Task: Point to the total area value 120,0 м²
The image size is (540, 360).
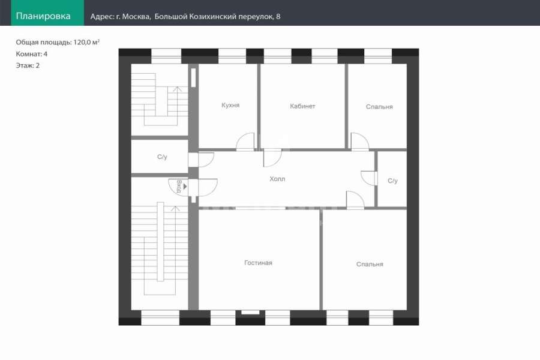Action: (86, 42)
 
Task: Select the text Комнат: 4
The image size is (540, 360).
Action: (32, 54)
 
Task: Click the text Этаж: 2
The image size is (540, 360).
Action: (28, 65)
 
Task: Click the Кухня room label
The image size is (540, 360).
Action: (230, 105)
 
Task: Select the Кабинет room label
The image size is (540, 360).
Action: (302, 106)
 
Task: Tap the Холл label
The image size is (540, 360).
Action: (277, 179)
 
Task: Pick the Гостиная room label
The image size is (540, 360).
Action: (258, 263)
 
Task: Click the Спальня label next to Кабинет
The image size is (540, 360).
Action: (379, 107)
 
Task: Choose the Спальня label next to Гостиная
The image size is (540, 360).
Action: (370, 264)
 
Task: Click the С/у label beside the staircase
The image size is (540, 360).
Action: (162, 157)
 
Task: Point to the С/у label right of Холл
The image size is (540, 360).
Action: (392, 181)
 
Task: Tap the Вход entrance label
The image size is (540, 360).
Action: (179, 187)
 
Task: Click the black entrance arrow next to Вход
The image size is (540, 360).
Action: (185, 187)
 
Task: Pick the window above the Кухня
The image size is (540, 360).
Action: (232, 56)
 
